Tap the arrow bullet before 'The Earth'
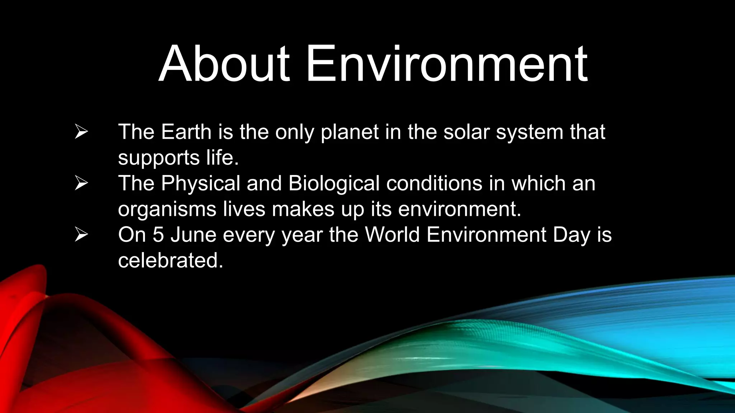81,132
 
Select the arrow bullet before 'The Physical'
81,183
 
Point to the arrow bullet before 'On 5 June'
81,235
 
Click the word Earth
186,132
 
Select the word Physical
200,184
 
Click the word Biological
334,184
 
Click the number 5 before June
158,235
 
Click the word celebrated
170,261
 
